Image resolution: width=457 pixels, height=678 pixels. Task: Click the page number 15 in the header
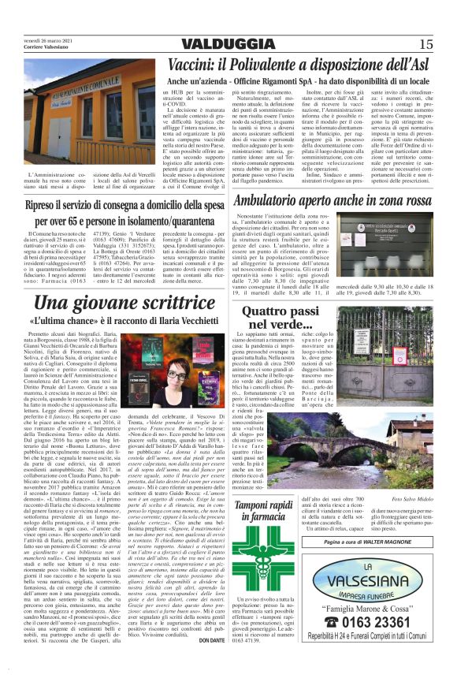[x=425, y=43]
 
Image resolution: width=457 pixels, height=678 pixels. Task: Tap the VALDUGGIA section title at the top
[x=228, y=43]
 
